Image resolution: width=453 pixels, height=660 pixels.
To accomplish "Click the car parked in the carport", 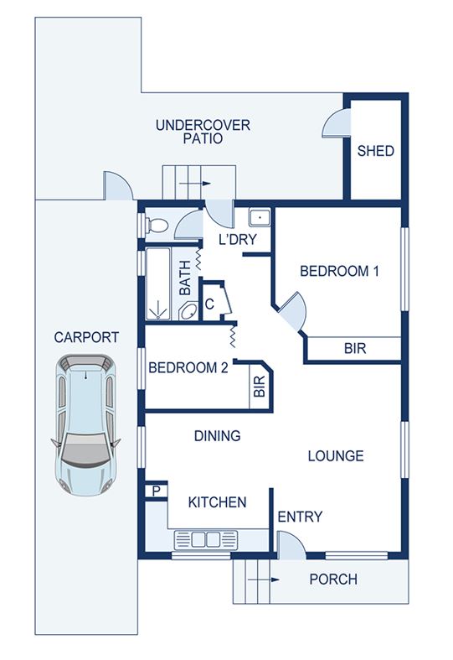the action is (x=85, y=424).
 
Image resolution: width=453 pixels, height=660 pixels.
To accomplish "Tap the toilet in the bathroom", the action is (x=157, y=225).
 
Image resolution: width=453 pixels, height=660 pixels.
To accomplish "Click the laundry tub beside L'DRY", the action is (x=260, y=218).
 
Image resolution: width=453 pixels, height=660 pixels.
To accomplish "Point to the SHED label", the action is (x=376, y=151).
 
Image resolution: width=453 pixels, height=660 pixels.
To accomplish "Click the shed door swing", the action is (x=335, y=122).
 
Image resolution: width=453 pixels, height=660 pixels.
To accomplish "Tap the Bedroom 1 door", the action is (x=292, y=310).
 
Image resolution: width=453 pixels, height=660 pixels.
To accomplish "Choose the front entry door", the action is (x=291, y=546).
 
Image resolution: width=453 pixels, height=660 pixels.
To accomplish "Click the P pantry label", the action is (x=157, y=491).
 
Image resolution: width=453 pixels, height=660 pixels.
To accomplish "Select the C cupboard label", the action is (x=209, y=304).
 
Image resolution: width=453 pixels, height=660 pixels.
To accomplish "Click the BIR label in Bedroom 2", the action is (x=260, y=387).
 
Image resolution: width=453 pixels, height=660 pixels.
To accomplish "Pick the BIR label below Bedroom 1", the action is (x=355, y=349).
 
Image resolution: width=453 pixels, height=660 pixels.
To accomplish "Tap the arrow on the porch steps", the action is (x=264, y=579).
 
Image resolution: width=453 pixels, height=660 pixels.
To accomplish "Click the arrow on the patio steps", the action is (x=195, y=184).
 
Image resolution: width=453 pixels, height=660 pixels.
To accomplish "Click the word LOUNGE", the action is (x=336, y=456).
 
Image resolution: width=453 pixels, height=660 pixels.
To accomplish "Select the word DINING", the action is (x=217, y=435).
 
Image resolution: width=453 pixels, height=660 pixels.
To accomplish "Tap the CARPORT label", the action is (x=86, y=337).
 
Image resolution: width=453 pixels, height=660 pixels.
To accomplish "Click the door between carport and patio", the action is (x=118, y=185).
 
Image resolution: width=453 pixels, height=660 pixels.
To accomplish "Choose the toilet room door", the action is (x=188, y=225).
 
